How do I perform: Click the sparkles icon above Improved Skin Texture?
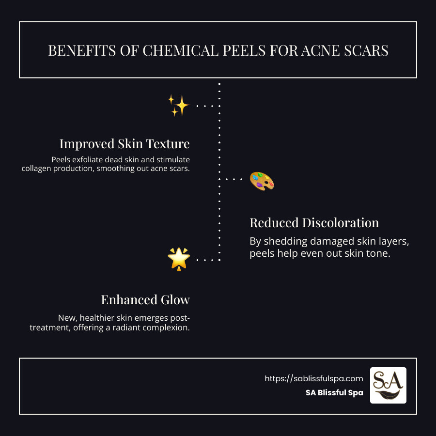coord(178,105)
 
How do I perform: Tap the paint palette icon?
coord(262,181)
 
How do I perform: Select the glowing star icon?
coord(178,259)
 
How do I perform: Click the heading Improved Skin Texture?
coord(125,144)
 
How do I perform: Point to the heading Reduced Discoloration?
coord(314,223)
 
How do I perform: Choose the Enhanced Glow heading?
coord(145,300)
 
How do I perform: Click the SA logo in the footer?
coord(388,385)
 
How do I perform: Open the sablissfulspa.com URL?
coord(313,378)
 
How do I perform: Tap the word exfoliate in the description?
coord(89,159)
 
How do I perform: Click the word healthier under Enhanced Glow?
coord(97,318)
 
